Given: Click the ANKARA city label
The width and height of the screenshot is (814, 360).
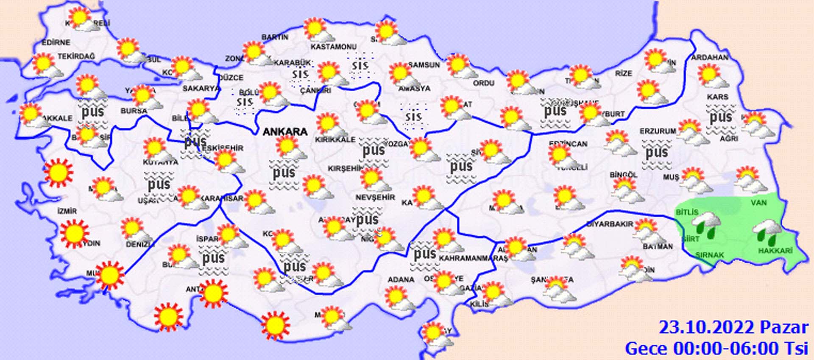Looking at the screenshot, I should click(285, 132).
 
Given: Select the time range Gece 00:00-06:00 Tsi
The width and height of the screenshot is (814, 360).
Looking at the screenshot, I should click(716, 349).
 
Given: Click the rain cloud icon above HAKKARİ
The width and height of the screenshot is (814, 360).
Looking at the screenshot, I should click(767, 233).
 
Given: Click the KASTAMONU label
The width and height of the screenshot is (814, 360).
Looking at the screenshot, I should click(334, 47).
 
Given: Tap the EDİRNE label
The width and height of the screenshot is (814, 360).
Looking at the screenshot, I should click(56, 42).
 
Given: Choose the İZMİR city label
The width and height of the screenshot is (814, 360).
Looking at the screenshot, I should click(67, 211).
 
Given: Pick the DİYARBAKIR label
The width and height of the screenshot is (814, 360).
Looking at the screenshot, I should click(610, 224).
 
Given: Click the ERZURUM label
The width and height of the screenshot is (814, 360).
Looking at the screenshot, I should click(658, 131).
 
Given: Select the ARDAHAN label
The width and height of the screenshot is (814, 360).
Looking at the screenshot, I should click(710, 57).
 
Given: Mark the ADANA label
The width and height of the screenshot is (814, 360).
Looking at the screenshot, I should click(401, 279).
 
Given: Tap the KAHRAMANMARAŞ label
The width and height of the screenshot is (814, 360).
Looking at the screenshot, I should click(473, 258).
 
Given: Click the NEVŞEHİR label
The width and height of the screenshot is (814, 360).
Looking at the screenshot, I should click(375, 197).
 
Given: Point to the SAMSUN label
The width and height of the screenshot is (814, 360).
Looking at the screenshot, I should click(424, 65).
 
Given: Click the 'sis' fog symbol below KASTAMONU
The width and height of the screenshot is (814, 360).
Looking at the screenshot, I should click(360, 66).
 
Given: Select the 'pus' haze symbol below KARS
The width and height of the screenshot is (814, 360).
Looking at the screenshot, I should click(721, 117).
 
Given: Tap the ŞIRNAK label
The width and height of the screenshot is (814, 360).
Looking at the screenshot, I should click(710, 255).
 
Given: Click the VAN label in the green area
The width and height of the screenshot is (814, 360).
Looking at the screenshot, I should click(758, 203).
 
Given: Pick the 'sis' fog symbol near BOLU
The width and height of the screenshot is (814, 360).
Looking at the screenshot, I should click(245, 102).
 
